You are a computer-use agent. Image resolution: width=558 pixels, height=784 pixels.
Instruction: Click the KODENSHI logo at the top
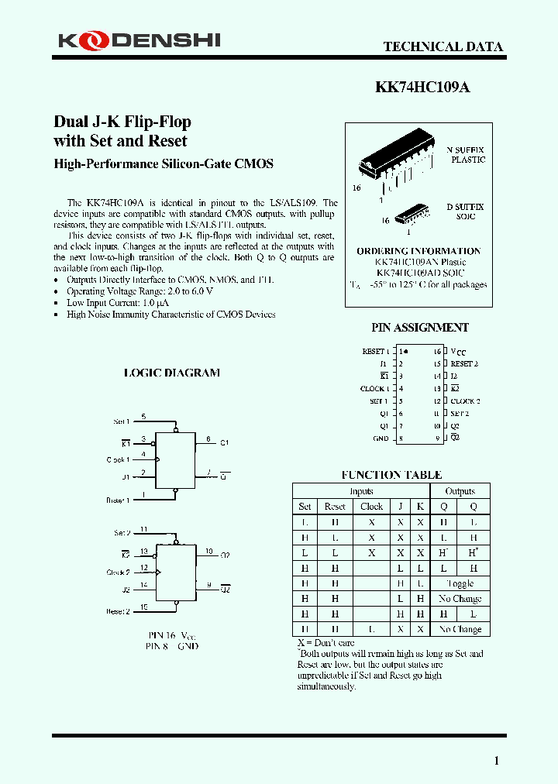pyautogui.click(x=139, y=40)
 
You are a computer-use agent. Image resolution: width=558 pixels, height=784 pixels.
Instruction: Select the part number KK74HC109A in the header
pyautogui.click(x=422, y=88)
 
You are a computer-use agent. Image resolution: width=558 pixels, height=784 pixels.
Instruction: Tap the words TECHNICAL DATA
pyautogui.click(x=443, y=46)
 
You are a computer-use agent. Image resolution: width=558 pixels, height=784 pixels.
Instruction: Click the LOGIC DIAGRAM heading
pyautogui.click(x=172, y=373)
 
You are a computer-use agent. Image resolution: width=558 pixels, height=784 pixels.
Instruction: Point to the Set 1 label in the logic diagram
pyautogui.click(x=122, y=421)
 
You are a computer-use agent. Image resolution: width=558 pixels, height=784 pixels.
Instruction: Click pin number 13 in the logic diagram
pyautogui.click(x=144, y=552)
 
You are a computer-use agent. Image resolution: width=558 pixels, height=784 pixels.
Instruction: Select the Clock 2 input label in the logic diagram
pyautogui.click(x=118, y=573)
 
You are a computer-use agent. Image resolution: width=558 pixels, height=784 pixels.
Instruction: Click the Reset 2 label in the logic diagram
pyautogui.click(x=117, y=611)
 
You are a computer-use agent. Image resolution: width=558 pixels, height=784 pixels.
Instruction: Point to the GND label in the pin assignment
pyautogui.click(x=381, y=438)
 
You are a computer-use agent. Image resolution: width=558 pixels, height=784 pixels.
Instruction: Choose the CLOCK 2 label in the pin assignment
pyautogui.click(x=465, y=401)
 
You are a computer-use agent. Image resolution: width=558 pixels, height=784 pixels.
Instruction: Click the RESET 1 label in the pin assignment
pyautogui.click(x=376, y=352)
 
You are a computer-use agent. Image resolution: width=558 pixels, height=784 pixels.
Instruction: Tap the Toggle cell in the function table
pyautogui.click(x=460, y=583)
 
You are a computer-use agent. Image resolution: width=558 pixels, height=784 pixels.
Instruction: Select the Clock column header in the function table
pyautogui.click(x=371, y=507)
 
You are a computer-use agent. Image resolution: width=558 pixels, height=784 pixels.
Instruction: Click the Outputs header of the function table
pyautogui.click(x=460, y=491)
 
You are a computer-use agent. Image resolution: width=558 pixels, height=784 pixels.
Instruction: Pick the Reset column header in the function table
pyautogui.click(x=335, y=507)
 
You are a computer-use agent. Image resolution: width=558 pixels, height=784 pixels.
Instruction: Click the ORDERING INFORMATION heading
pyautogui.click(x=418, y=251)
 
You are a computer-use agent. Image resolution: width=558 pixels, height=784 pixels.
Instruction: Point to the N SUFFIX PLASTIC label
pyautogui.click(x=465, y=154)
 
